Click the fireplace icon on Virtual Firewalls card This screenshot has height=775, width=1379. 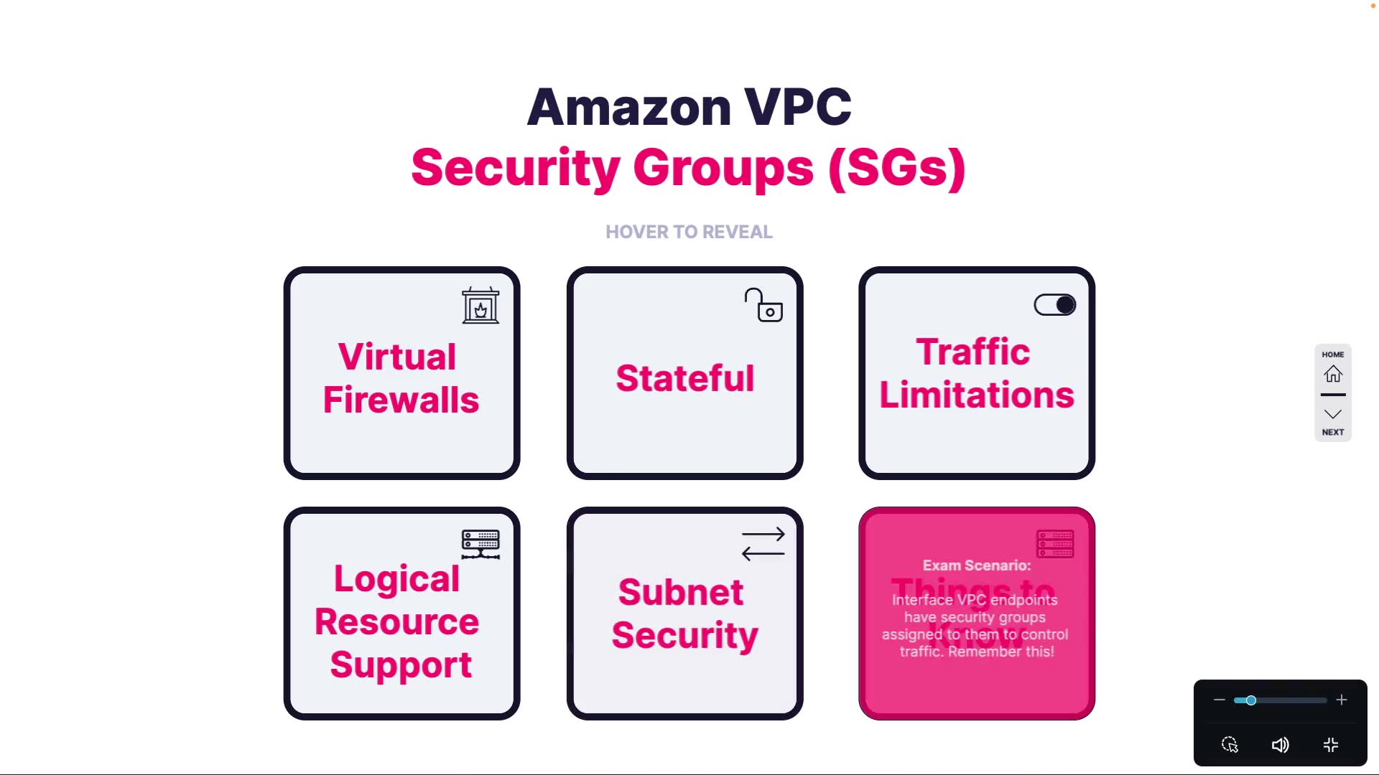pos(480,306)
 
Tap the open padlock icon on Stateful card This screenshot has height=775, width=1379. pos(763,306)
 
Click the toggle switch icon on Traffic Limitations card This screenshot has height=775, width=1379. pos(1054,305)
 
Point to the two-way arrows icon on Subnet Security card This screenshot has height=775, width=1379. pos(763,544)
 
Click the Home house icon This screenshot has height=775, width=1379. pos(1333,374)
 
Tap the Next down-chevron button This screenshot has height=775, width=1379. pos(1333,415)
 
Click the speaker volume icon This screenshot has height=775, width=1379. pos(1280,745)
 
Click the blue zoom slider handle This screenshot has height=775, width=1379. pos(1250,700)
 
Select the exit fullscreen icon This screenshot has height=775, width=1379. pos(1331,745)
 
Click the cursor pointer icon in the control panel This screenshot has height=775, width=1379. pos(1230,745)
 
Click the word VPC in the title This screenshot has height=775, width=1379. pos(797,108)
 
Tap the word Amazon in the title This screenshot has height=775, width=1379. pos(629,108)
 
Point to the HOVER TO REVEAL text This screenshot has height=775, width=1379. pos(689,232)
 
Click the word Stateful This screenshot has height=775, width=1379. pos(684,378)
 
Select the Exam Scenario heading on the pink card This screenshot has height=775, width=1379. pos(976,565)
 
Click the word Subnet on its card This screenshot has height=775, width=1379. pos(680,592)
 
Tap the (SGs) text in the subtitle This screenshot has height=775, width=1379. pos(896,168)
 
